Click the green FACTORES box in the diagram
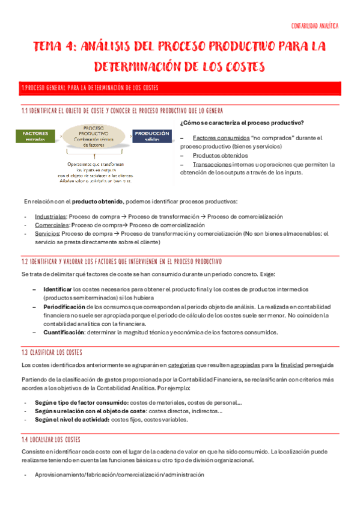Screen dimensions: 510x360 [x=35, y=136]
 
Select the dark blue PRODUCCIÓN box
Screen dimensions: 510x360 [x=151, y=136]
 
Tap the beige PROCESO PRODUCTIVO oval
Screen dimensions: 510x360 [x=93, y=136]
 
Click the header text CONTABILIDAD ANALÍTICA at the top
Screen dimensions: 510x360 [x=314, y=26]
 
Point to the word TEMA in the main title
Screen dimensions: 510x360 [x=50, y=46]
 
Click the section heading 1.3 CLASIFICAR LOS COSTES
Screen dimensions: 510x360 [x=52, y=352]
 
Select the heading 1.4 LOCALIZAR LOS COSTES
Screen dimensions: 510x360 [x=50, y=440]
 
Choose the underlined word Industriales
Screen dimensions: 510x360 [x=51, y=217]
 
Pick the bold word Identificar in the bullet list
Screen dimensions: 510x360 [x=57, y=289]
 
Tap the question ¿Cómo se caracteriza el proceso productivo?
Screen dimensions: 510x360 [x=242, y=123]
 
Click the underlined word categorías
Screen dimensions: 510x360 [x=185, y=365]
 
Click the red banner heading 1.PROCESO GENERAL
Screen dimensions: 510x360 [x=90, y=88]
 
